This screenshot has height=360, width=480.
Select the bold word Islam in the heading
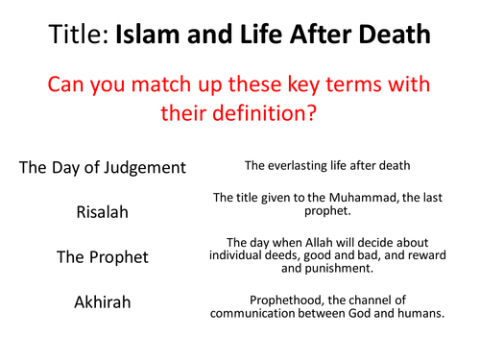pyautogui.click(x=153, y=36)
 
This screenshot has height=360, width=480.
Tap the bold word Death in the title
pyautogui.click(x=393, y=36)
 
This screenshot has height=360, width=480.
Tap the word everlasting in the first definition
pyautogui.click(x=303, y=166)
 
